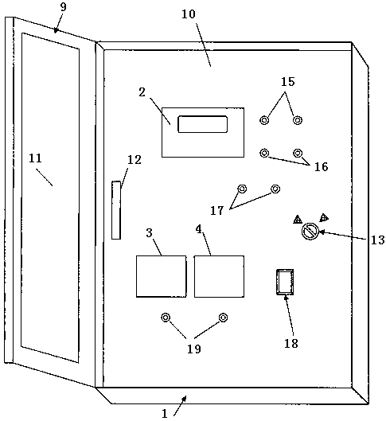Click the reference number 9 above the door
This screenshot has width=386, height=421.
click(63, 7)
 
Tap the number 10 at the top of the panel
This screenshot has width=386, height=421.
click(189, 14)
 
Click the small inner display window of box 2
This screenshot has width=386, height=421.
click(203, 124)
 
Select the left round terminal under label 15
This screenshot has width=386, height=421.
click(264, 119)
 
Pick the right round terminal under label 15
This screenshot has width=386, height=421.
click(298, 119)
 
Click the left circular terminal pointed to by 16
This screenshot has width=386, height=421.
click(265, 153)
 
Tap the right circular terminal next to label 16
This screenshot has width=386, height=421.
click(298, 153)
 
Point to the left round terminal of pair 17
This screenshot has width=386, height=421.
click(242, 189)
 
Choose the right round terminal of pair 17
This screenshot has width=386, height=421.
click(275, 189)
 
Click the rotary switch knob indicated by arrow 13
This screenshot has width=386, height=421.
click(310, 232)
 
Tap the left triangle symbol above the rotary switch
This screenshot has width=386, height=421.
click(298, 220)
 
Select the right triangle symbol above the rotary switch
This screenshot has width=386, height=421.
click(324, 217)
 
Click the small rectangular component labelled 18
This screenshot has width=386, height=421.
click(285, 282)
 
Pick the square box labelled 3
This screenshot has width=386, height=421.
click(161, 276)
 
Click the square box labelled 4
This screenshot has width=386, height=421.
click(219, 276)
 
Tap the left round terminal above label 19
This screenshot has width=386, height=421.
click(166, 318)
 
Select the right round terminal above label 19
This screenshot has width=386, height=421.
click(223, 318)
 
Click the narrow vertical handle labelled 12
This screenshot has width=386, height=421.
click(116, 210)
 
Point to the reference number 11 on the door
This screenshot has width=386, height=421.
click(36, 158)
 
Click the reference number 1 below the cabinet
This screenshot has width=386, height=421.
click(165, 414)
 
